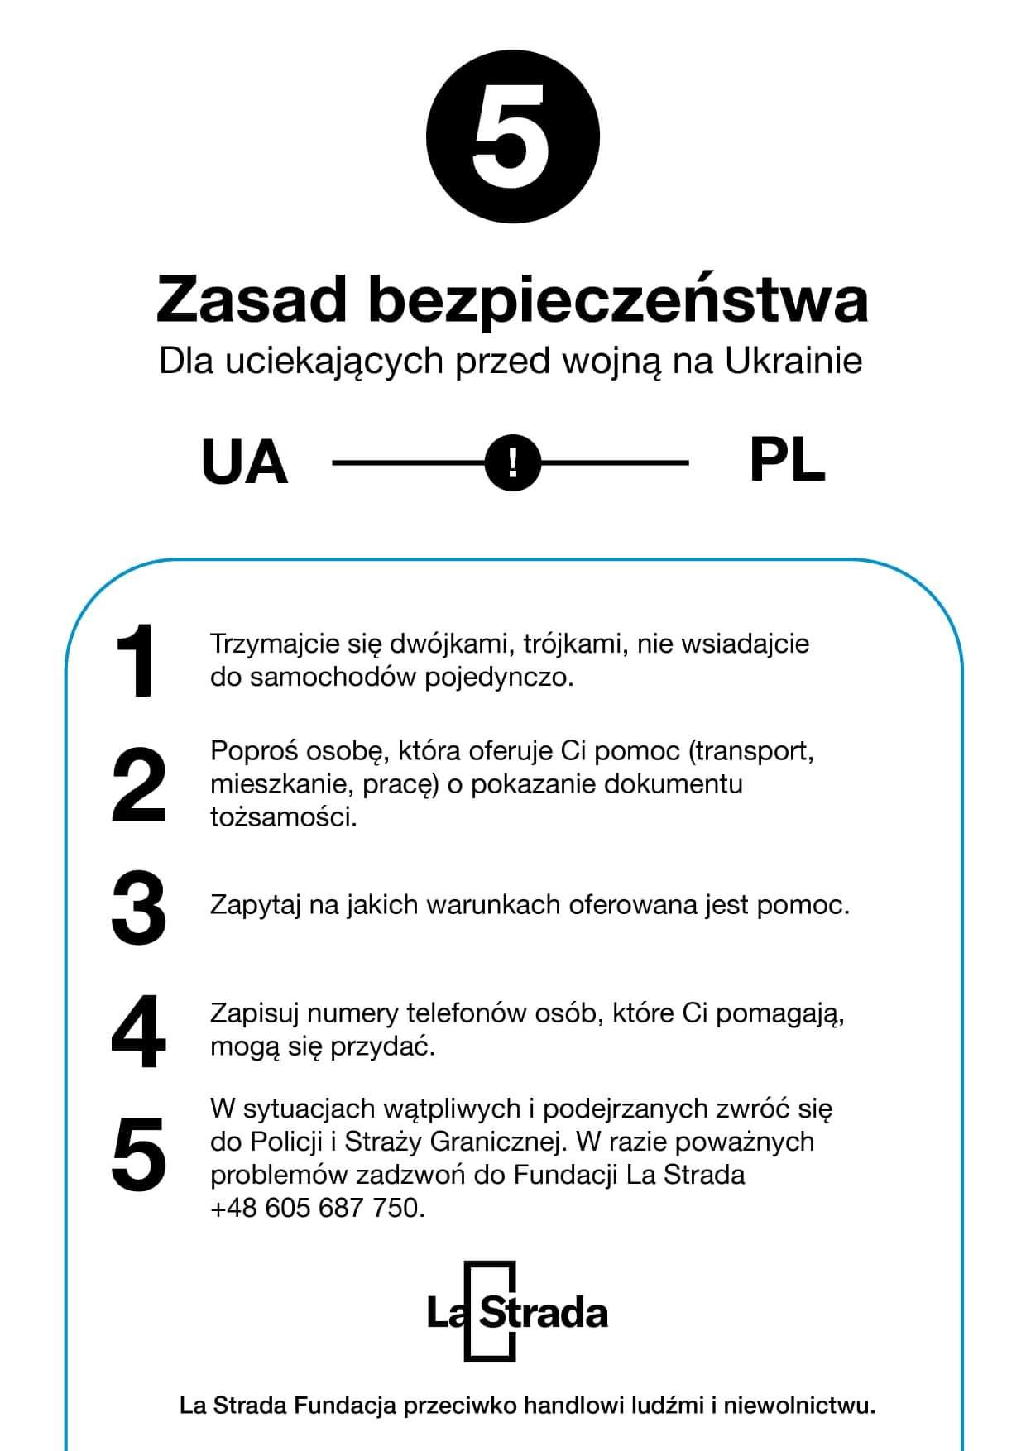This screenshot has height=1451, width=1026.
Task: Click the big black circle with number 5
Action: (512, 136)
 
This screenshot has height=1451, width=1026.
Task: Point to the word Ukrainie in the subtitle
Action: (793, 361)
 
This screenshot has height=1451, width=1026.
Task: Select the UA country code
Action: (244, 462)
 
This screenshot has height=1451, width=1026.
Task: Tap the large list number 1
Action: (135, 662)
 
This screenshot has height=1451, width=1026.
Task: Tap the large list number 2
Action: (138, 784)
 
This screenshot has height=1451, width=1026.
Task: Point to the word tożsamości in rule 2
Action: (283, 817)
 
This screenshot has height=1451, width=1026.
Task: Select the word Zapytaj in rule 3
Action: (256, 905)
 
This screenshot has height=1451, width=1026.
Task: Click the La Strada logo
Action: (516, 1312)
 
